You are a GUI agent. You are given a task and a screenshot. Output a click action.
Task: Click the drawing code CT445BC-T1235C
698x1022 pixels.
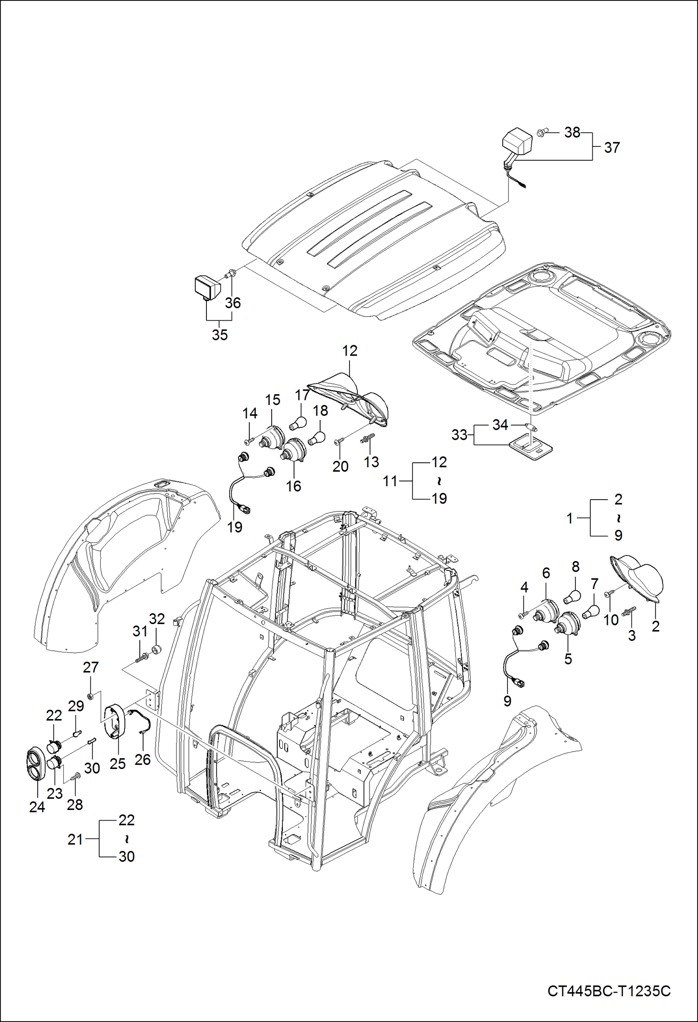click(x=609, y=991)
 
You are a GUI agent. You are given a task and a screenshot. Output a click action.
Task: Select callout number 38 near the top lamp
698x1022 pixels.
click(x=572, y=132)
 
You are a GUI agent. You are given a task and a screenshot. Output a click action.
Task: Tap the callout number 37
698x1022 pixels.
click(x=612, y=148)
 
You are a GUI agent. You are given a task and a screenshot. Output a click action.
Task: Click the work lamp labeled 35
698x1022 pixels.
click(x=207, y=288)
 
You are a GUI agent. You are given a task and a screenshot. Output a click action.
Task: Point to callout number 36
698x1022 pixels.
click(x=233, y=303)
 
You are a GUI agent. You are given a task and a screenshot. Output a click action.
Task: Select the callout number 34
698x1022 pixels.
click(x=500, y=425)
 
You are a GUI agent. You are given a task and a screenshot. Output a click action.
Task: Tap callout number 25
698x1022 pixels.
click(x=117, y=763)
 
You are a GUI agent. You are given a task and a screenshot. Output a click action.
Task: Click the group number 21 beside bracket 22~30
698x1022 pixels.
click(x=75, y=839)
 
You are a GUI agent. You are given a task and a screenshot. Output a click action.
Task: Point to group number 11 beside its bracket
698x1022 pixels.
click(x=390, y=480)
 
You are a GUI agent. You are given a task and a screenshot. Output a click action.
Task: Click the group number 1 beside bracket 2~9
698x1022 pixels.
click(x=569, y=518)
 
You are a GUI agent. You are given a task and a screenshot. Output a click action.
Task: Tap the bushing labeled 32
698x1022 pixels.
click(x=157, y=649)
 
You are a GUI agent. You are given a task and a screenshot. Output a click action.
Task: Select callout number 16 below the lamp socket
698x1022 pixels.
click(x=293, y=486)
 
